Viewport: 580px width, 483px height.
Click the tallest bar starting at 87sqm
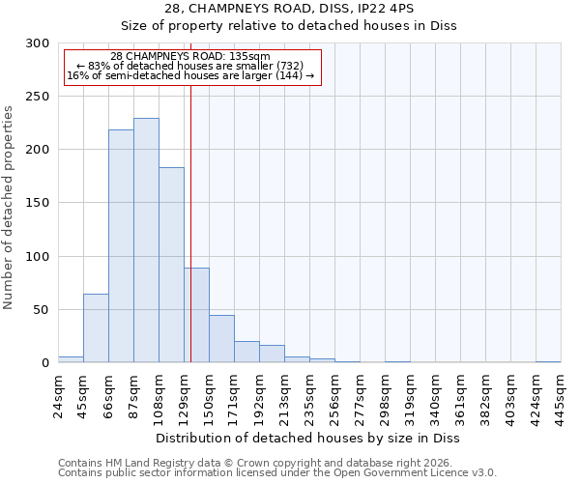(x=146, y=241)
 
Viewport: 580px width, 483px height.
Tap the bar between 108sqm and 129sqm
(x=171, y=265)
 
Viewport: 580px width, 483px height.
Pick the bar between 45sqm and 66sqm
(x=96, y=328)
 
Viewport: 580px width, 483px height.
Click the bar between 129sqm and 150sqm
(x=196, y=315)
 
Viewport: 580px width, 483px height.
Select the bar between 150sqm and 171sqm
(x=221, y=338)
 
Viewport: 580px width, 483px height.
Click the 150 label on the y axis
(x=38, y=204)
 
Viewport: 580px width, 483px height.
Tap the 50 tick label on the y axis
(x=42, y=310)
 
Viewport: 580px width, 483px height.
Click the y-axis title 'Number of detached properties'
(x=10, y=208)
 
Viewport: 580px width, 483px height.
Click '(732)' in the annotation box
(x=289, y=66)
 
